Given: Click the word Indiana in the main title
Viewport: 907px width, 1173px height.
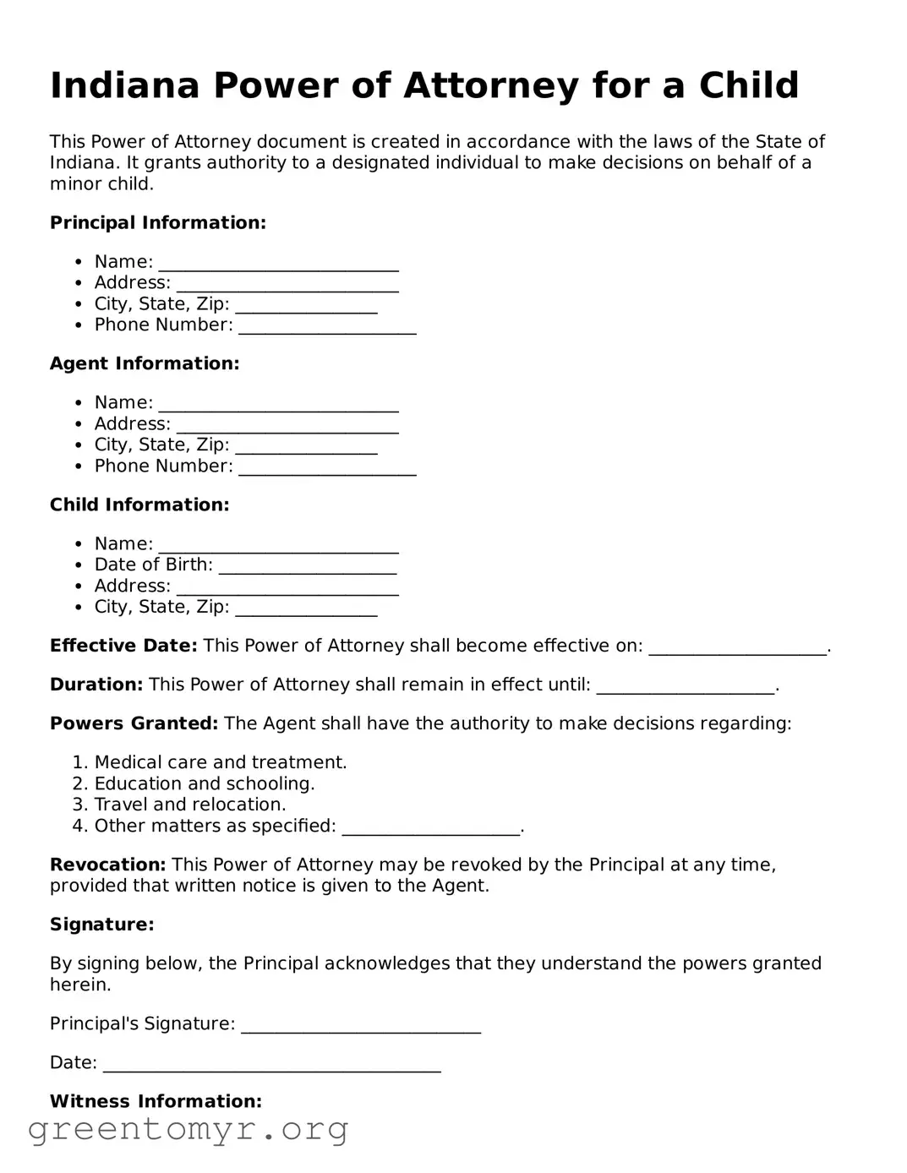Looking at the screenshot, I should pos(124,85).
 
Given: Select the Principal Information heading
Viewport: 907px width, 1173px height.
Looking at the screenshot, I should pos(158,223).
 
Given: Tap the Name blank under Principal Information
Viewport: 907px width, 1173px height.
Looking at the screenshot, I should pos(278,263).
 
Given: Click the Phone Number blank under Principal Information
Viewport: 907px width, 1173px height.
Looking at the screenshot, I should pos(327,326).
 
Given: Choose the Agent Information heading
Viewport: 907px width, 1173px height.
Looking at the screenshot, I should pos(145,363).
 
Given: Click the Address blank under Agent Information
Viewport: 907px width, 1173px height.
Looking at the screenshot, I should pos(287,424).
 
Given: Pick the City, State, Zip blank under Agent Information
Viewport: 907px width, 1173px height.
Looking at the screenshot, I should pos(306,445).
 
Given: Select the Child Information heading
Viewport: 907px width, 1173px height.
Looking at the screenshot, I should pos(139,505).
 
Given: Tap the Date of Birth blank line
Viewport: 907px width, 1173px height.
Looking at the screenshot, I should pos(308,565).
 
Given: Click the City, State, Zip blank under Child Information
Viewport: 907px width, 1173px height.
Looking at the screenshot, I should pos(306,608).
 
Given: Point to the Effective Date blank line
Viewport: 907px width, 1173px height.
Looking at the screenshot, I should pos(737,647).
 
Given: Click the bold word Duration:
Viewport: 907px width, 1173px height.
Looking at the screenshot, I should pos(96,685).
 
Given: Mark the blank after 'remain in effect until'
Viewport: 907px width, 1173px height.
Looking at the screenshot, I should pos(686,685).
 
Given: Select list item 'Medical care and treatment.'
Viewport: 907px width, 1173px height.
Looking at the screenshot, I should pos(221,762).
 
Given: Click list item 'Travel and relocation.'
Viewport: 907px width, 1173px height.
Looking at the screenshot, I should pos(190,805).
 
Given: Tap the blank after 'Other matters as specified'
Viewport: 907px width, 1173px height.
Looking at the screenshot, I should pos(431,827).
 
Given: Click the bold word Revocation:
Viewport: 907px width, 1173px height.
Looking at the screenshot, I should pos(108,865).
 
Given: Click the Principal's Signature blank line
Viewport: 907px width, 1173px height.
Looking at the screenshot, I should pos(361,1024).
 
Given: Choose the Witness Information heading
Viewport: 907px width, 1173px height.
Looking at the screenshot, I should pos(156,1101).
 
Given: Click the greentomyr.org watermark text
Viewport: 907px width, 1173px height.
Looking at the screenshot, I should pos(189,1129).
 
